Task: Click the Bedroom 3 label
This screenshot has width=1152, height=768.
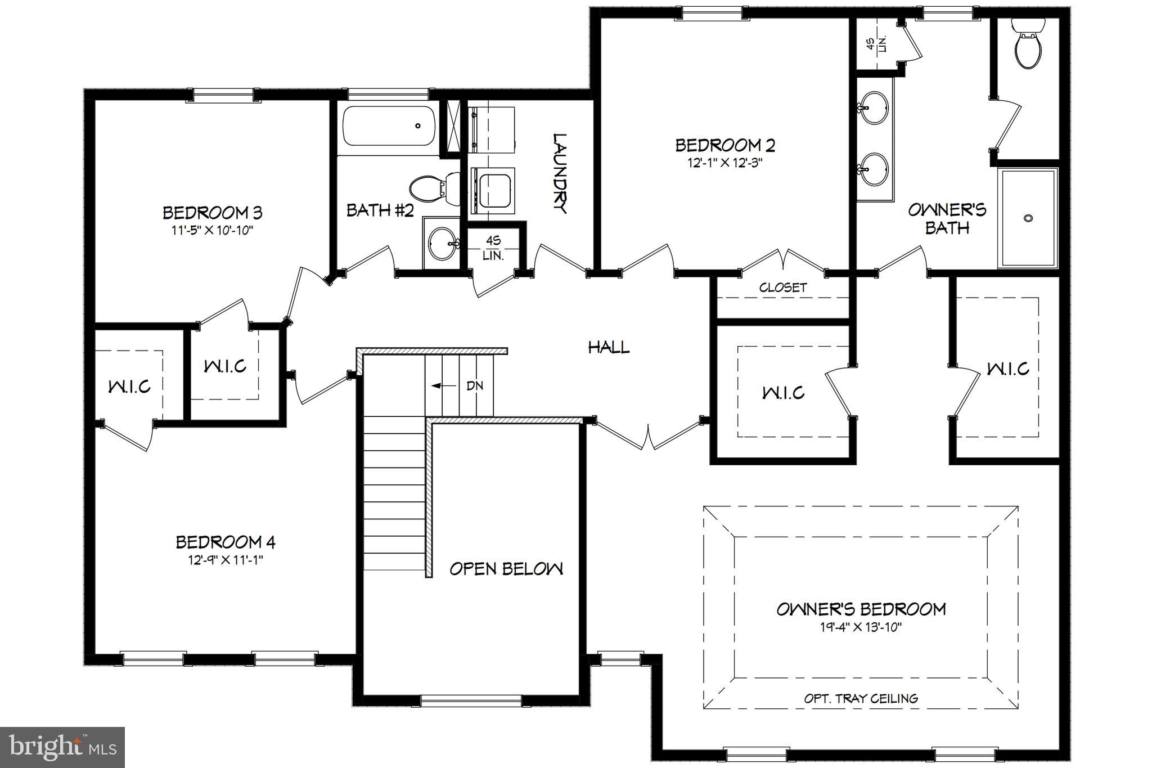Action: pyautogui.click(x=212, y=213)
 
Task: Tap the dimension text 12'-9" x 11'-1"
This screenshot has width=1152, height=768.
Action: pyautogui.click(x=226, y=560)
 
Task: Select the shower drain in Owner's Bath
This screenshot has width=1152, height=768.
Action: pyautogui.click(x=1029, y=218)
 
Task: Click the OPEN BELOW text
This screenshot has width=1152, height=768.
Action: pyautogui.click(x=506, y=569)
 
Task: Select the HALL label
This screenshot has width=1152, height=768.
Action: pyautogui.click(x=609, y=347)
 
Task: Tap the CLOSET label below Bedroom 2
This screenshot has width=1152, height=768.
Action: pyautogui.click(x=783, y=288)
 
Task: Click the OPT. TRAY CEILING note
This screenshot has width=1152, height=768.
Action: pyautogui.click(x=861, y=698)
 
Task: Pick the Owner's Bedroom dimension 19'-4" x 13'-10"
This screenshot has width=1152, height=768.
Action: pyautogui.click(x=861, y=627)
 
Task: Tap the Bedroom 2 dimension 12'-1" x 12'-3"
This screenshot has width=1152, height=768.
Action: pyautogui.click(x=725, y=163)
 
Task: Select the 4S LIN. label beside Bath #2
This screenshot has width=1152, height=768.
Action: pyautogui.click(x=493, y=248)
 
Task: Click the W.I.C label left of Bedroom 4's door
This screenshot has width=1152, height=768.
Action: pyautogui.click(x=129, y=387)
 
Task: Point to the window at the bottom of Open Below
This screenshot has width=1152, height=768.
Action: pyautogui.click(x=471, y=701)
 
